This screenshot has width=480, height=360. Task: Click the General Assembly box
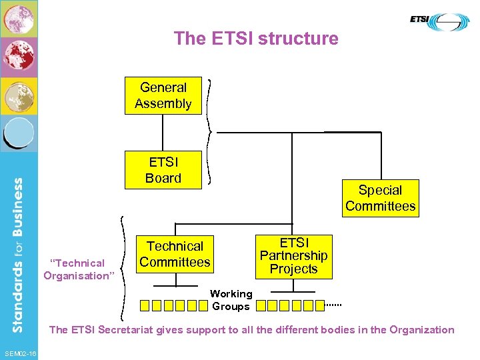(x=163, y=96)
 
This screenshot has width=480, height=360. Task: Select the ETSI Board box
(x=163, y=170)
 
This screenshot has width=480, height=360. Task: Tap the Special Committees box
(x=380, y=198)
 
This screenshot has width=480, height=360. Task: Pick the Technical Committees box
(x=175, y=255)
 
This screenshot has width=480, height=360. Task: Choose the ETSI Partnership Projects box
(x=293, y=256)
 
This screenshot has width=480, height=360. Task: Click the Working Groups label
(x=231, y=300)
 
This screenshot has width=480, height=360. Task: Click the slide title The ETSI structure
(x=256, y=38)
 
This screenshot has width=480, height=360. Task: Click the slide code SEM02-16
(x=20, y=352)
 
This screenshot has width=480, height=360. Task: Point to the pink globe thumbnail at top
(x=19, y=18)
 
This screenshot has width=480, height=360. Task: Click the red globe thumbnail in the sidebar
(x=19, y=57)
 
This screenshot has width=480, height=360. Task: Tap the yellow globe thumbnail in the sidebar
(x=19, y=96)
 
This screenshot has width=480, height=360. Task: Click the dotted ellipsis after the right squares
(x=333, y=304)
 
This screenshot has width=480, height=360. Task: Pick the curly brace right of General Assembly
(x=209, y=131)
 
